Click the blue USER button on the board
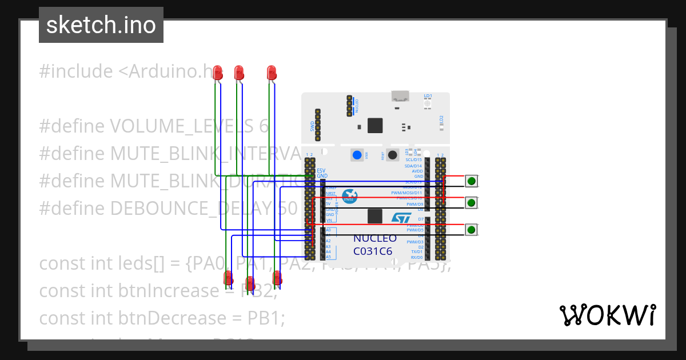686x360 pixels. click(x=357, y=155)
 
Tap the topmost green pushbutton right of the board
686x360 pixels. click(x=471, y=181)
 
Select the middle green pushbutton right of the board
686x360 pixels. click(x=471, y=203)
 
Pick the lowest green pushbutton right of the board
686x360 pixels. click(x=471, y=230)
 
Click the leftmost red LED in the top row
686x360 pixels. click(x=217, y=73)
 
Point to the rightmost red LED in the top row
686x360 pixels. click(x=272, y=73)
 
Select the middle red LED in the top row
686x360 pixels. click(x=239, y=73)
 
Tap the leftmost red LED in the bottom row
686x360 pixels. click(x=228, y=278)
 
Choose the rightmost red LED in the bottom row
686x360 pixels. click(x=277, y=278)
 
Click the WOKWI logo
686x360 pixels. click(x=607, y=315)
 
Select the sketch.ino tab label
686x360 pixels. click(x=101, y=25)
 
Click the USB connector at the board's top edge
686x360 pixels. click(x=400, y=96)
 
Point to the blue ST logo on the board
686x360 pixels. click(x=401, y=218)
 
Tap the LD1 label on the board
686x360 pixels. click(x=428, y=95)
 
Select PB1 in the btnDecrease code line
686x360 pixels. click(x=257, y=317)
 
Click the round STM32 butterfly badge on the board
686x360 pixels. click(x=350, y=197)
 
